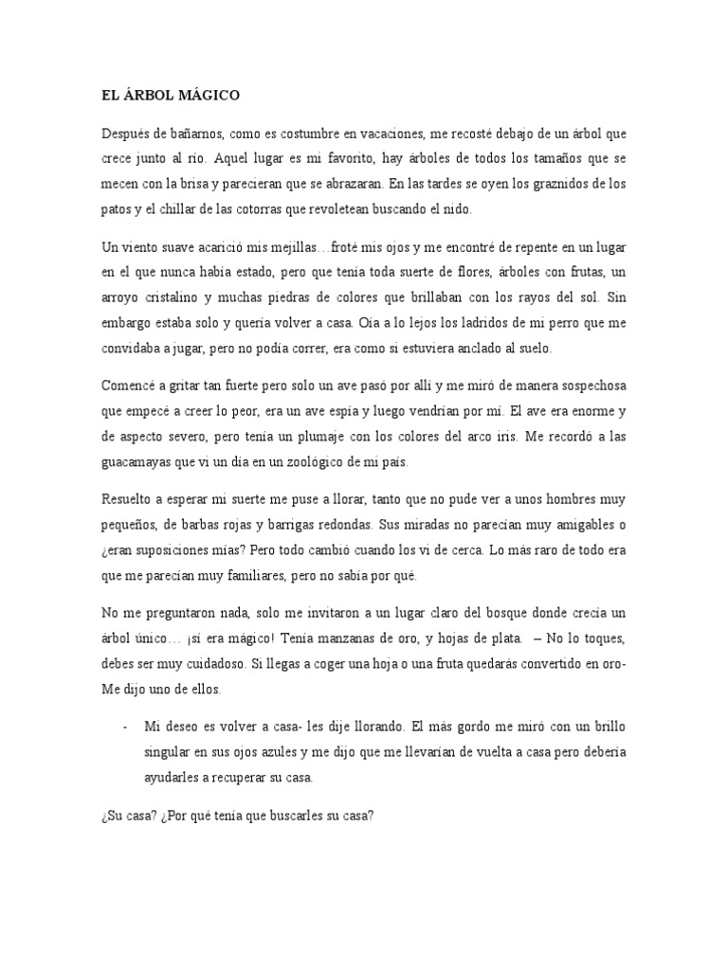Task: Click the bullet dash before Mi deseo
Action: pos(125,727)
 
